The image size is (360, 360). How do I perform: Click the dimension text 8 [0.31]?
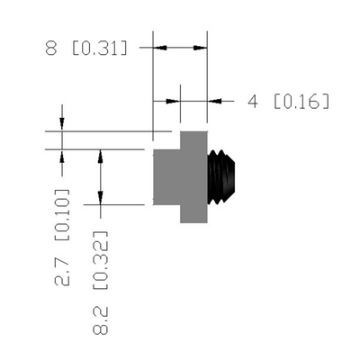coord(86,49)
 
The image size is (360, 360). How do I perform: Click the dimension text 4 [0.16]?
coord(289,101)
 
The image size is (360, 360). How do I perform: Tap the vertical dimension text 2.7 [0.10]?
coord(62,238)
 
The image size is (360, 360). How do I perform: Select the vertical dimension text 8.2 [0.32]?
coord(100,283)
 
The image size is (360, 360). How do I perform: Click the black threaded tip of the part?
coord(221,177)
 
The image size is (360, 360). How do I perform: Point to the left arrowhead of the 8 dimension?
coord(160,48)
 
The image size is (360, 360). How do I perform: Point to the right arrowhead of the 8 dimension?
coord(200,48)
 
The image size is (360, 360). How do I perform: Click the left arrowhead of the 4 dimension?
coord(173,101)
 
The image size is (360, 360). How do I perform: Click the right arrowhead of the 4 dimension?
coord(214,101)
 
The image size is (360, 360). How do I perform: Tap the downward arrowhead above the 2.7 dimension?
coord(62,124)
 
